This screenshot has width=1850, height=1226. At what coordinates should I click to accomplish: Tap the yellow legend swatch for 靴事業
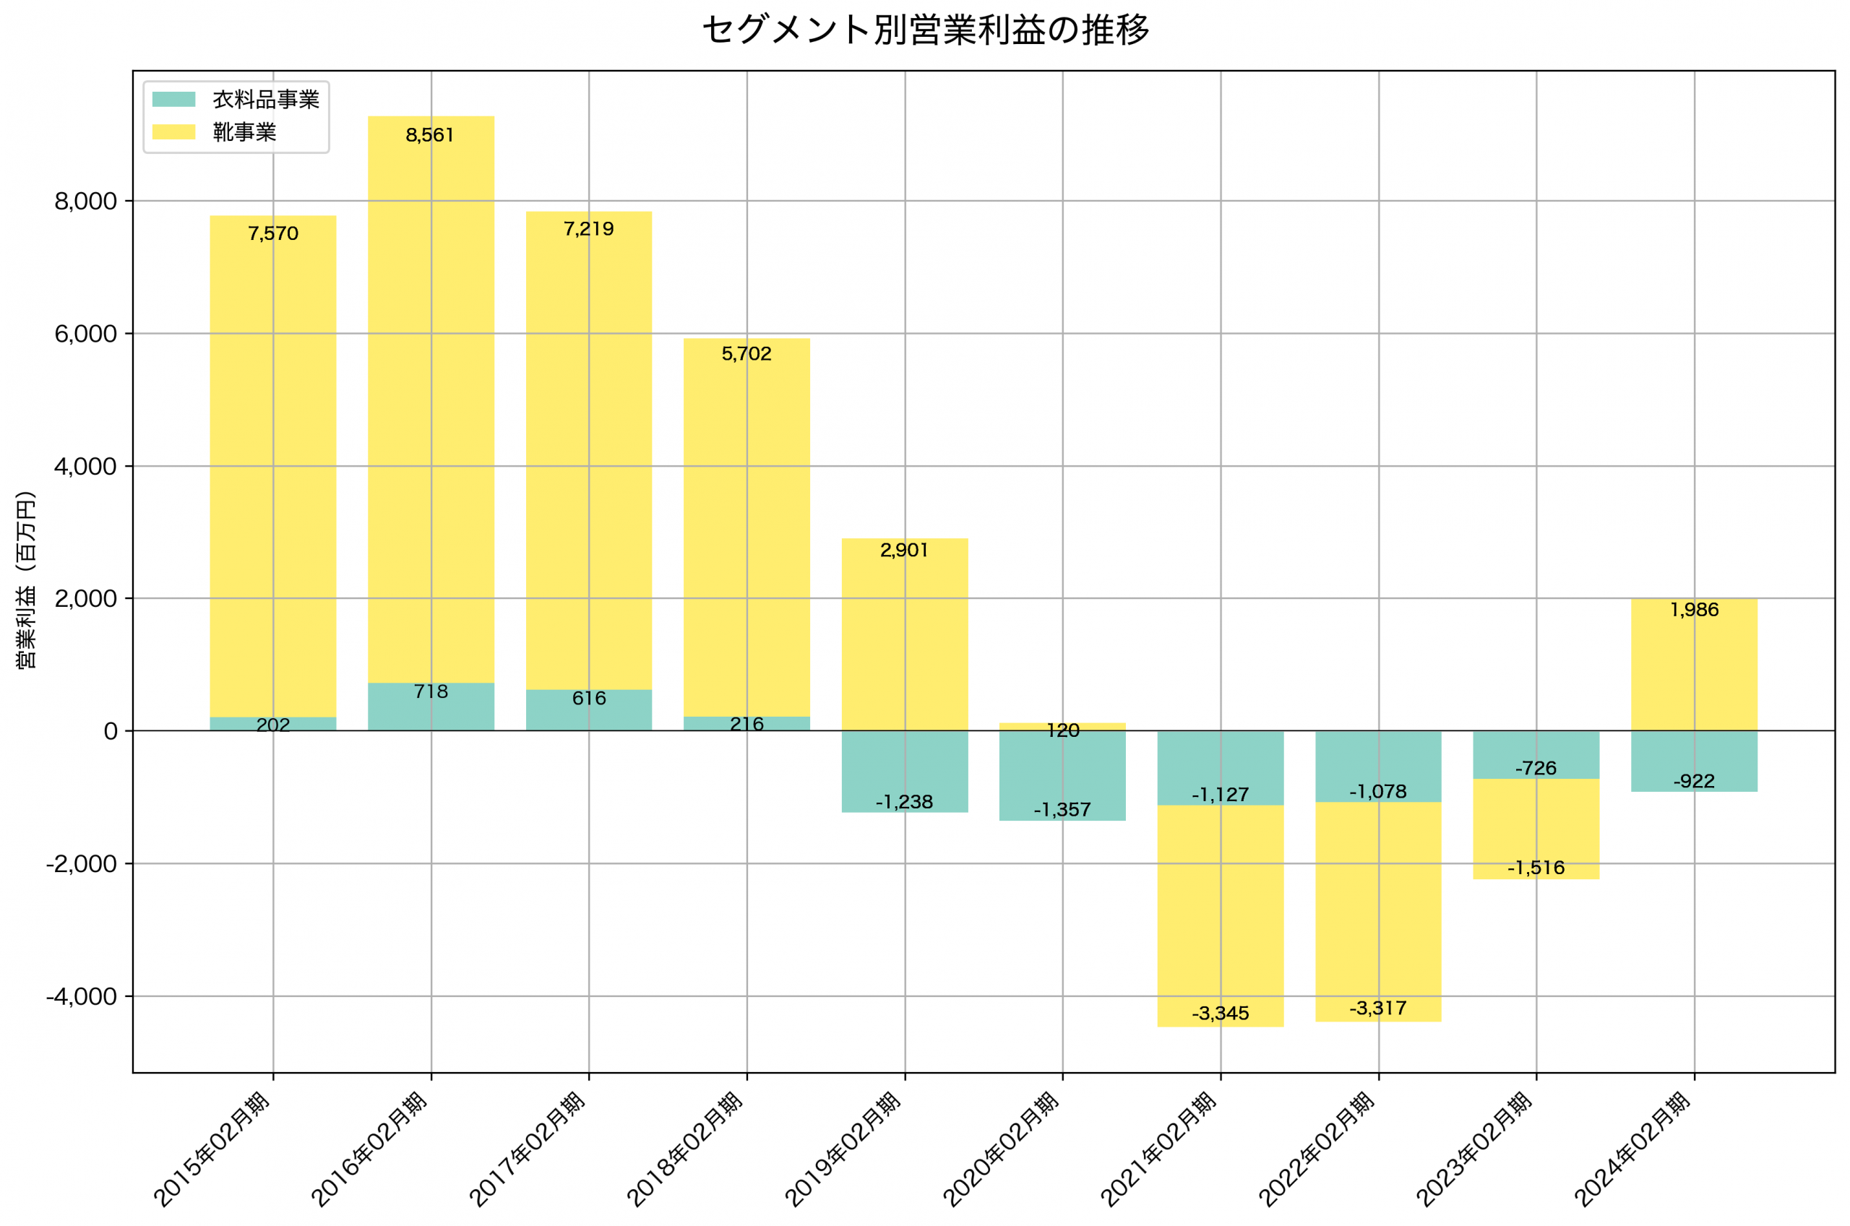173,131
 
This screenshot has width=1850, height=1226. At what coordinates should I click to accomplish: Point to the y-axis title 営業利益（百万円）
26,579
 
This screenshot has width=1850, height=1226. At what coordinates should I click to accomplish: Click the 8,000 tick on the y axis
85,202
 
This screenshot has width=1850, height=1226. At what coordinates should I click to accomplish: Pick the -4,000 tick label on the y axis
82,997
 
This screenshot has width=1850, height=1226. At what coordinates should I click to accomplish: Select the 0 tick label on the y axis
111,732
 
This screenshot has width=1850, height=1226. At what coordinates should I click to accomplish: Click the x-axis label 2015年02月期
212,1150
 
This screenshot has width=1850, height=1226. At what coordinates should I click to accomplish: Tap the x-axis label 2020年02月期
1001,1150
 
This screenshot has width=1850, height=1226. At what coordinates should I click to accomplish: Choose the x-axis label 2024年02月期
1632,1150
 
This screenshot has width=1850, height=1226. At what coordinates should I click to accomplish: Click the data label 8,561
429,135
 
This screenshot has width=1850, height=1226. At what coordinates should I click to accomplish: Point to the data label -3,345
1220,1014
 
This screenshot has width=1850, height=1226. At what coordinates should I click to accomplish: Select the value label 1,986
1694,610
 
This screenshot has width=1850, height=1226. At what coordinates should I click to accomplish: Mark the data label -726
1536,769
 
